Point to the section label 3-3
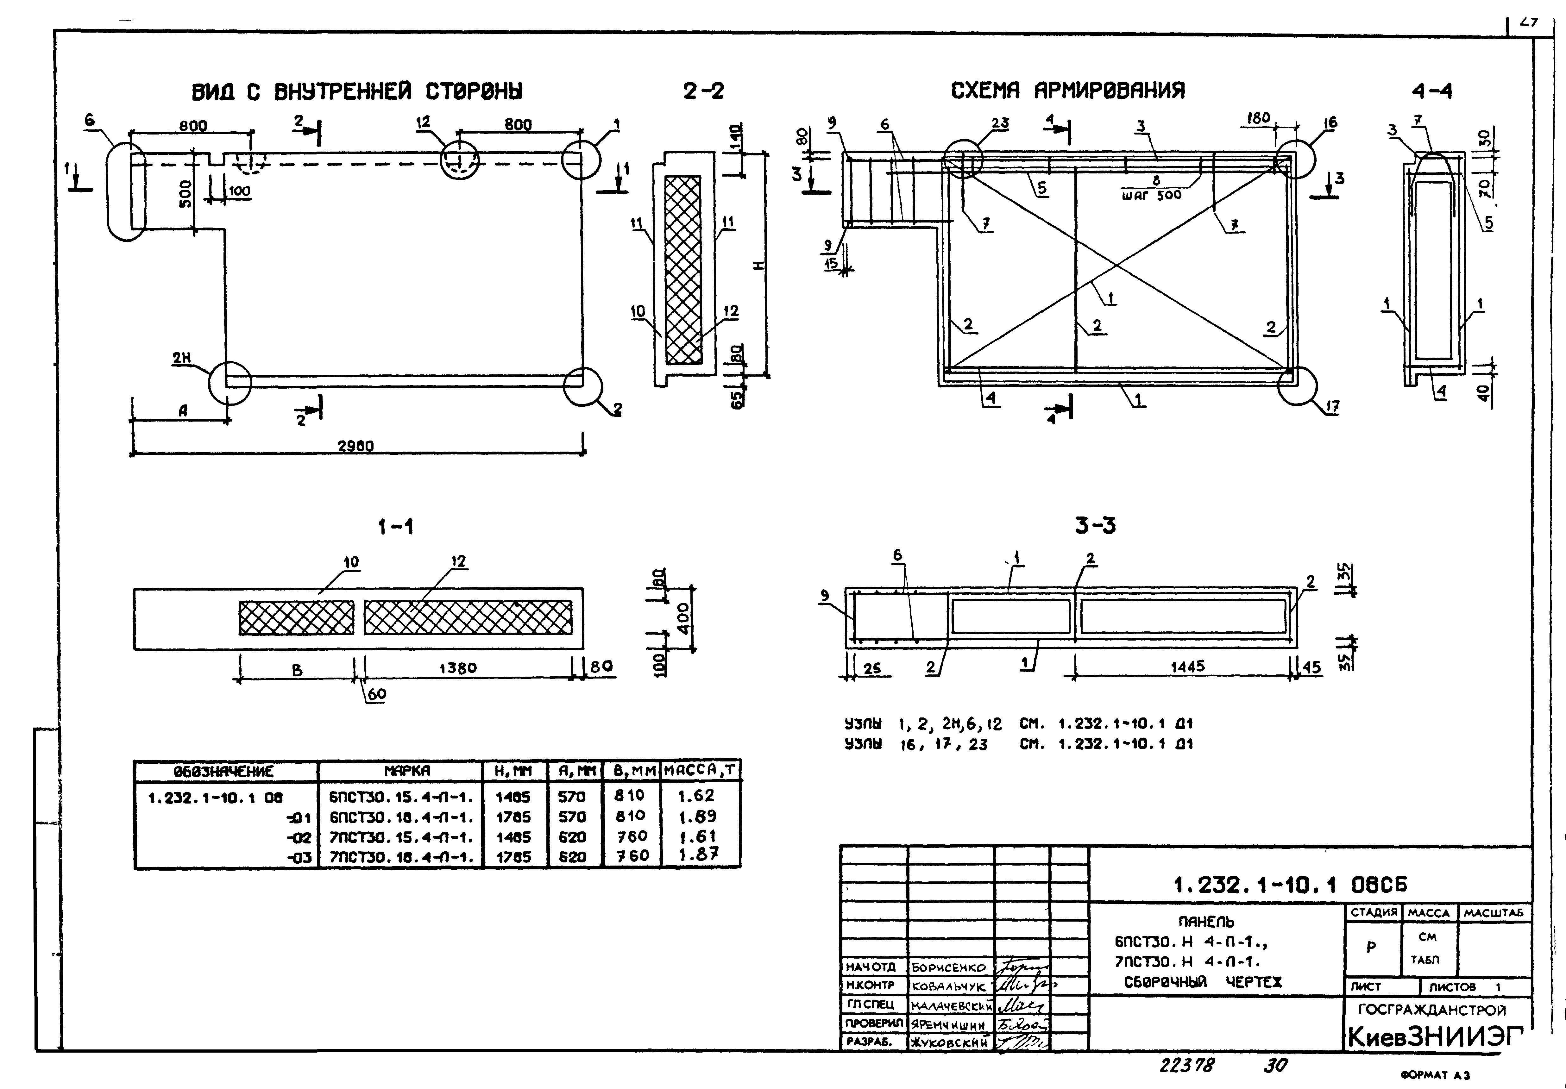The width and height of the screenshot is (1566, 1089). tap(1095, 526)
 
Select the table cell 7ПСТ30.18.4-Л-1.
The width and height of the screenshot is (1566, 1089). tap(401, 856)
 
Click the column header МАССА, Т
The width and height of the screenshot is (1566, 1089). tap(701, 771)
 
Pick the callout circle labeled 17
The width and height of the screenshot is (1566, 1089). tap(1297, 386)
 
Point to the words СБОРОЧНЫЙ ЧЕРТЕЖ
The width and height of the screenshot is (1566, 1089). tap(1203, 982)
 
